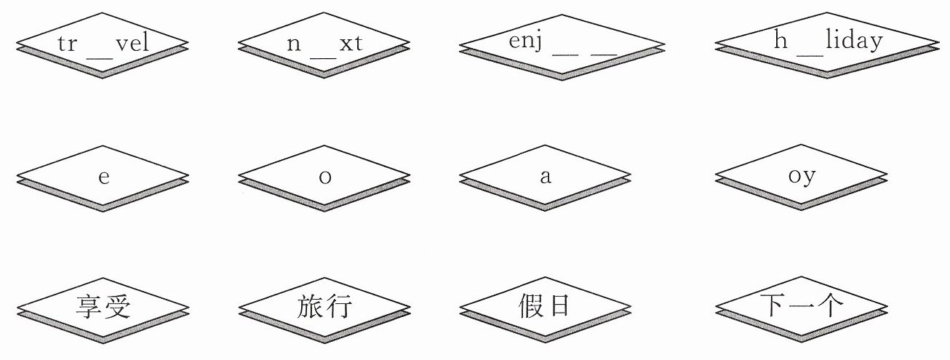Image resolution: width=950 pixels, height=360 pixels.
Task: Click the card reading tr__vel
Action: tap(103, 45)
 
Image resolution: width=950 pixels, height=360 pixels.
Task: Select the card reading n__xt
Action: tap(324, 45)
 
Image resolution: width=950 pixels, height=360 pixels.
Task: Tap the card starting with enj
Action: tap(562, 47)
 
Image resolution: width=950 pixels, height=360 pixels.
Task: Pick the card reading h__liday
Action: tap(827, 45)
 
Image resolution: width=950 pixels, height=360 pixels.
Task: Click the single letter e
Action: tap(104, 177)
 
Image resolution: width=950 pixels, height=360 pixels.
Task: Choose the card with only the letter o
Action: tap(325, 177)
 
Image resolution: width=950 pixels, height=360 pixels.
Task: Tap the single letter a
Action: tap(546, 177)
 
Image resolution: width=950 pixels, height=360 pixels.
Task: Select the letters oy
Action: tap(802, 177)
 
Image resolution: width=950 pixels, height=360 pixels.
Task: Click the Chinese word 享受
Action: tap(103, 307)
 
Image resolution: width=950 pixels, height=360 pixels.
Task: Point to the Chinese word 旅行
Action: tap(324, 306)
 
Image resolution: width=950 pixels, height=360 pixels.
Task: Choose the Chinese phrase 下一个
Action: tap(802, 305)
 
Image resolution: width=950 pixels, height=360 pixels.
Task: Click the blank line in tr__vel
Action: tap(100, 57)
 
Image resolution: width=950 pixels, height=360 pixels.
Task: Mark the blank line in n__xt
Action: tap(323, 57)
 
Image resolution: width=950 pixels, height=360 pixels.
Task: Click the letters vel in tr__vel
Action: tap(132, 43)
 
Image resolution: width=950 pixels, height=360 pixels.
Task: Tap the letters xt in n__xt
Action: tap(351, 43)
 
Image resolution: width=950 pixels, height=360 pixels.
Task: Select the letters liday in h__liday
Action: tap(854, 41)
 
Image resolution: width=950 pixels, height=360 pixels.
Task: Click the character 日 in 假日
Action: tap(560, 305)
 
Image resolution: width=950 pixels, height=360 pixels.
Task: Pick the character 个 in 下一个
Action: tap(829, 305)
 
